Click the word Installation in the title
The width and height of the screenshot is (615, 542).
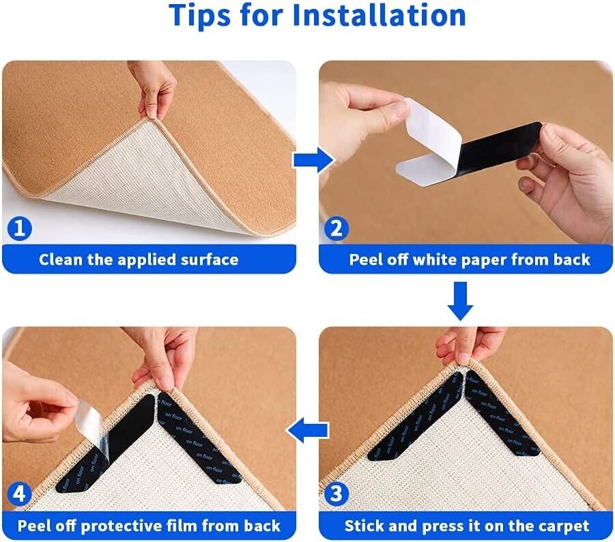click(379, 15)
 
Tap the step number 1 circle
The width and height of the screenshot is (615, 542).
click(20, 228)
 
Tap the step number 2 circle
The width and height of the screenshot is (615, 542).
click(336, 228)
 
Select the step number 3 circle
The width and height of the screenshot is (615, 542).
click(336, 493)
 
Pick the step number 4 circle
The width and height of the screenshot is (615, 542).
click(20, 493)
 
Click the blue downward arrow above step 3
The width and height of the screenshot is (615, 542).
click(461, 302)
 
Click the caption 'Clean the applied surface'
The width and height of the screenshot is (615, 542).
click(139, 259)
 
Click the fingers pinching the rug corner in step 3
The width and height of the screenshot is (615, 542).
click(464, 345)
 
